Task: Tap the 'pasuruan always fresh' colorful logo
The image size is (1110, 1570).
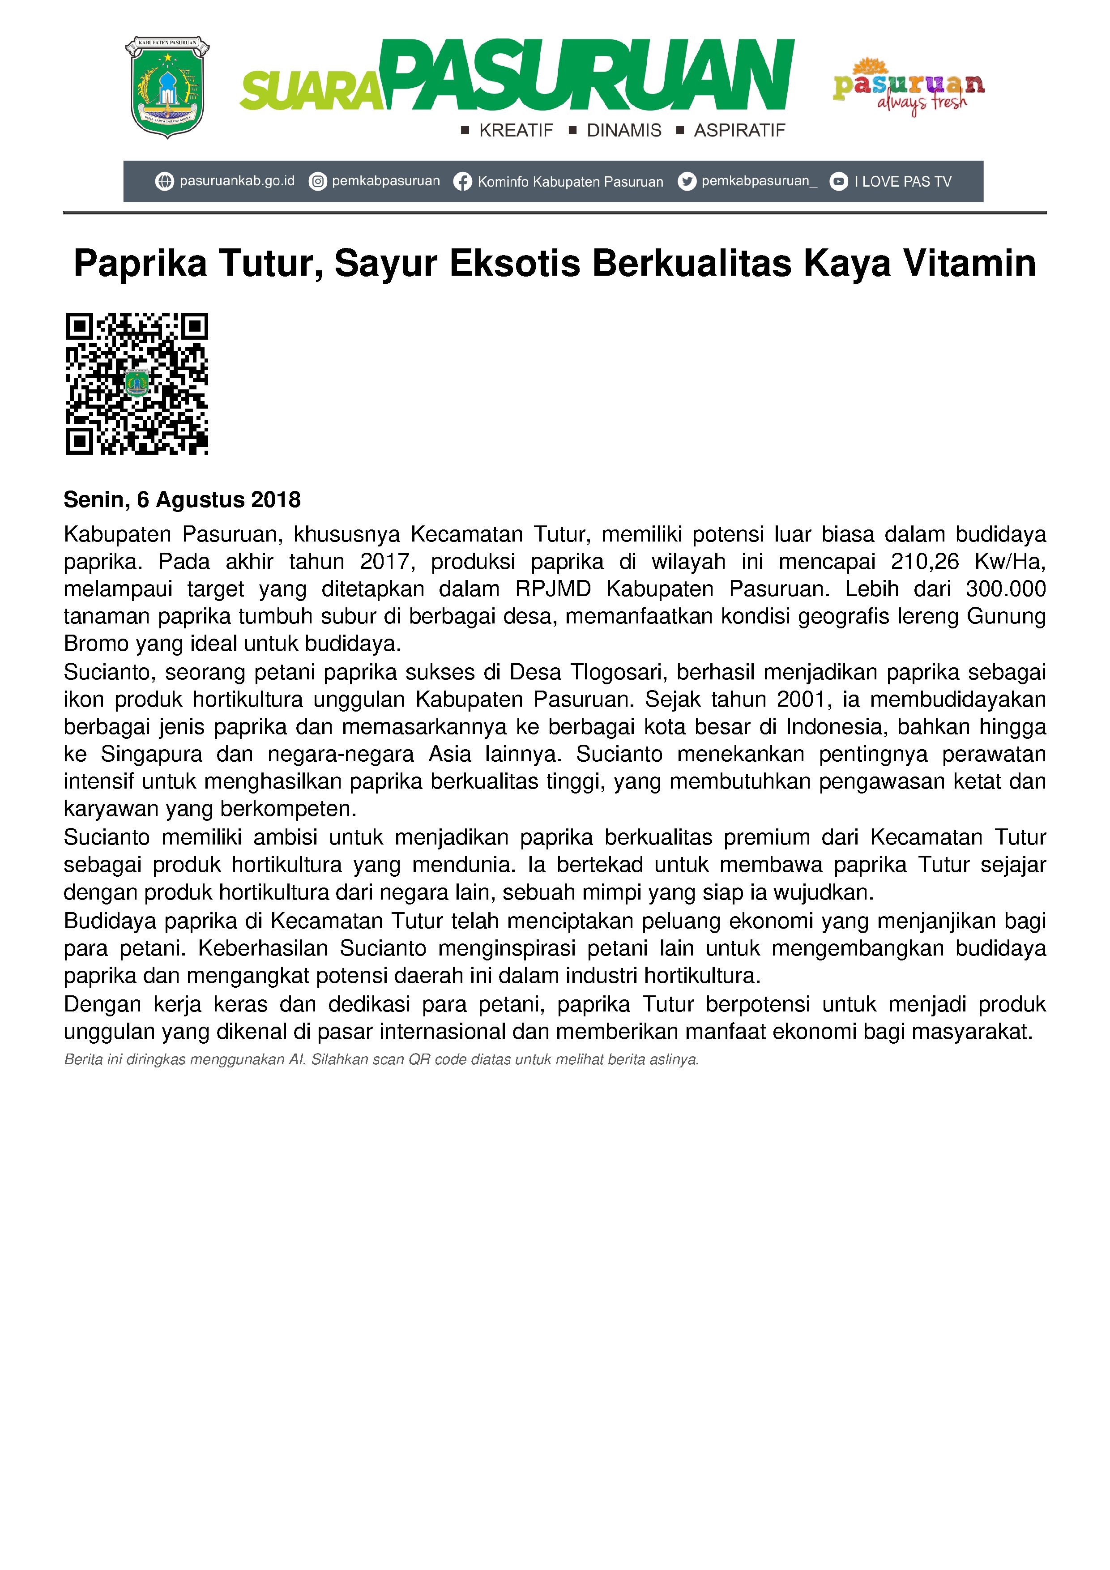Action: click(908, 88)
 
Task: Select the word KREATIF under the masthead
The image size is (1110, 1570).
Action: click(516, 131)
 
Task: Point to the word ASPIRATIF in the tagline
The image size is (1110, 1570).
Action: click(739, 131)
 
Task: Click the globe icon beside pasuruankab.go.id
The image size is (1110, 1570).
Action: click(164, 182)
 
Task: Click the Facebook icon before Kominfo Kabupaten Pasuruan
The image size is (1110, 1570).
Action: click(462, 182)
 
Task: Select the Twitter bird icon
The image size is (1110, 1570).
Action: click(687, 182)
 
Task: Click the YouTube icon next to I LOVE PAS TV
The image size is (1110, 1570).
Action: click(838, 182)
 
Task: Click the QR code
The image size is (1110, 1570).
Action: click(137, 384)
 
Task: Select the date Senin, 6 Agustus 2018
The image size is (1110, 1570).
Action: click(182, 500)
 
